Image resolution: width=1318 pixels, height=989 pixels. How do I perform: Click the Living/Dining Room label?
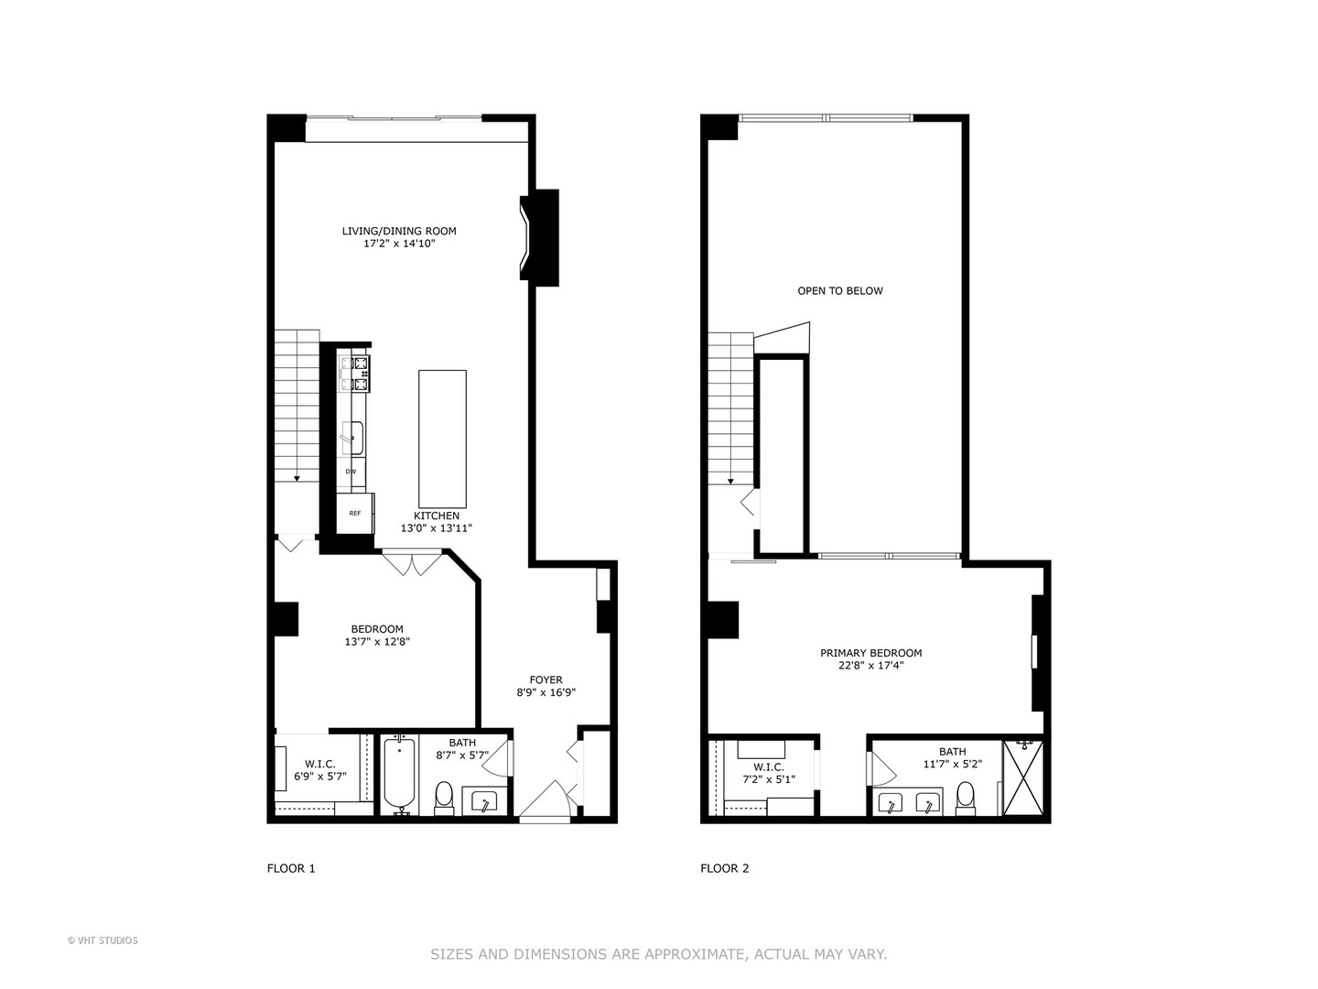(399, 231)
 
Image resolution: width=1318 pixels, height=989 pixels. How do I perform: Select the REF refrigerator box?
(355, 513)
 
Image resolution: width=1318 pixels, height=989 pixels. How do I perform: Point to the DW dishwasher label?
(351, 472)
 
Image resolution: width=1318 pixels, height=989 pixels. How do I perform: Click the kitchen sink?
(352, 438)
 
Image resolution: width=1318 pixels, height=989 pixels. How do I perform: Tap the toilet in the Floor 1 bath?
(444, 797)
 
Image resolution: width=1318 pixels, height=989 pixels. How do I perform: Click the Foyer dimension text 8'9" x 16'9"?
(546, 693)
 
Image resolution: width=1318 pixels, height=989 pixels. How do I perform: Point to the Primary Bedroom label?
(870, 653)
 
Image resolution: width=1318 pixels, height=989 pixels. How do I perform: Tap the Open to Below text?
(840, 291)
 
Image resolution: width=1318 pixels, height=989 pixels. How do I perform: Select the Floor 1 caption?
(291, 868)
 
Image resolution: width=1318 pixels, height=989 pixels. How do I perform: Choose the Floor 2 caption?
(725, 868)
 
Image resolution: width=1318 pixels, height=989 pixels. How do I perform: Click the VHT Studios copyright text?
(103, 940)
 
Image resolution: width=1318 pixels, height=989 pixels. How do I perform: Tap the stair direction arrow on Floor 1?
(297, 478)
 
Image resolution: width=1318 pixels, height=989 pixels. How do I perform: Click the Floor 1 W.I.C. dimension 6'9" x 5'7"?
(320, 777)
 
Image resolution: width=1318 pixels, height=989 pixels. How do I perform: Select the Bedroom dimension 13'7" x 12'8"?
(377, 642)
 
